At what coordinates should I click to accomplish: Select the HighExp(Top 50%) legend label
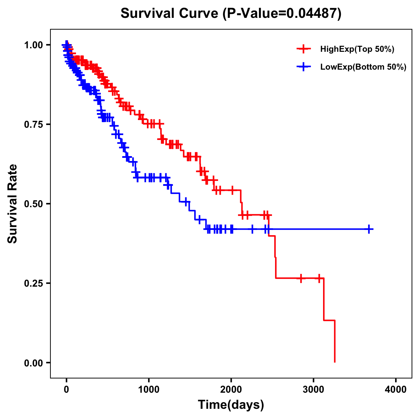pos(357,49)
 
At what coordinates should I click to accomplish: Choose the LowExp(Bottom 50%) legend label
pos(363,67)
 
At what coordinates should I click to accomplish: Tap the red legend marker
pos(303,49)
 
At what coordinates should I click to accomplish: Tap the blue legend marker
pos(303,67)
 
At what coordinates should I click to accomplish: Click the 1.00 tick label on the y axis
pos(33,45)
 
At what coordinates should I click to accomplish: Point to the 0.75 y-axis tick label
pos(33,124)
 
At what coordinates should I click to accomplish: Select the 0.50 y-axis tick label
pos(33,204)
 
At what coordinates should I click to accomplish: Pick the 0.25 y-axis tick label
pos(33,283)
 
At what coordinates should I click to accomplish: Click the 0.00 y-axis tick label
pos(33,363)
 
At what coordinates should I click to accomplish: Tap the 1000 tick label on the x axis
pos(149,390)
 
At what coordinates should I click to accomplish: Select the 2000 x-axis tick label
pos(231,390)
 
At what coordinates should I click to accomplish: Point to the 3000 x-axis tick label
pos(314,390)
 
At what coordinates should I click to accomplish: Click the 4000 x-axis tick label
pos(396,390)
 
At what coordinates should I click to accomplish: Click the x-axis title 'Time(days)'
pos(231,405)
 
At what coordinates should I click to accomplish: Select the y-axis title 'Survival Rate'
pos(13,203)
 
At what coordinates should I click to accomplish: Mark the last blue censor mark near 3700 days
pos(369,229)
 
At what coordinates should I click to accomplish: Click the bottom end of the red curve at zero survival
pos(335,362)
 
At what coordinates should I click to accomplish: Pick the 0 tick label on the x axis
pos(66,390)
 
